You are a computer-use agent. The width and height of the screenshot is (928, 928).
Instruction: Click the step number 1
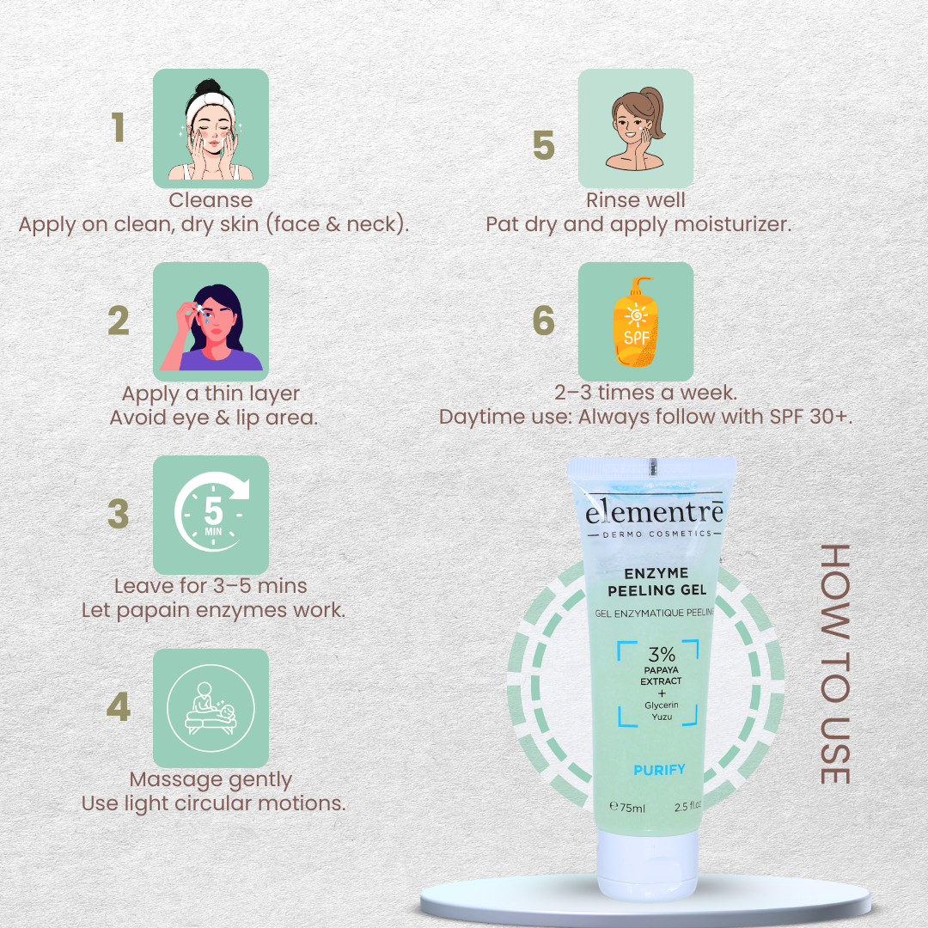pos(119,128)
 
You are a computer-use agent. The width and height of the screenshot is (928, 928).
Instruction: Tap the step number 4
pos(119,708)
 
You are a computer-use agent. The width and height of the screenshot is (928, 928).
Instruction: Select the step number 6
pos(544,321)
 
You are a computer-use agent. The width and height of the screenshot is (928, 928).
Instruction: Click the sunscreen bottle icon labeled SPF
pos(636,321)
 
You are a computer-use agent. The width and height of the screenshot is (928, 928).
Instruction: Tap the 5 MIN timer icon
pos(211,515)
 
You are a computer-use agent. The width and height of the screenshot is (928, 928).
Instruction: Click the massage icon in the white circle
pos(211,708)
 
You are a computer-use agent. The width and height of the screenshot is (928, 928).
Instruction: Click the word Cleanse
pos(211,200)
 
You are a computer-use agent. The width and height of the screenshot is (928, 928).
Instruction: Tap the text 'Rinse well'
pos(636,200)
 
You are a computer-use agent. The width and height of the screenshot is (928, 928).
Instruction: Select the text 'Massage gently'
pos(211,780)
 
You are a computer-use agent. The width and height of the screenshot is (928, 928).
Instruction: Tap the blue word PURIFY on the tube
pos(659,770)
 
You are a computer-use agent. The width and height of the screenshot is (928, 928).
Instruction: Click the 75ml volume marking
pos(627,808)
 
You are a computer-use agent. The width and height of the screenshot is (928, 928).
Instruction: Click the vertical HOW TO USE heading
pos(834,663)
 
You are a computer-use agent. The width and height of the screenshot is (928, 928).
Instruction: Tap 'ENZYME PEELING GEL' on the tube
pos(657,582)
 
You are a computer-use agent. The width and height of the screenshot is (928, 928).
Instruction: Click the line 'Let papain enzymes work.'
pos(213,611)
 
